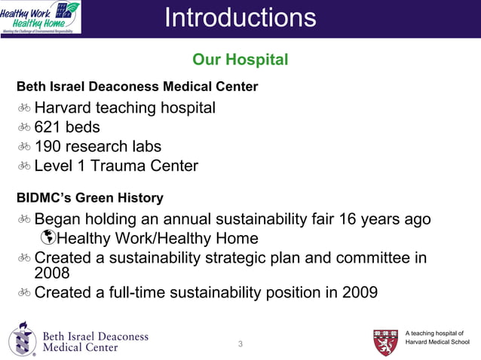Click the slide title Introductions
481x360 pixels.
tap(240, 18)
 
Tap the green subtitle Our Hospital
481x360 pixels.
tap(240, 59)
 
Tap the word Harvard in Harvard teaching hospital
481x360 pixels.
tap(66, 108)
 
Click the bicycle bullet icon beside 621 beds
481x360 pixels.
tap(24, 127)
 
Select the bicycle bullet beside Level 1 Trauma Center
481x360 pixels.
tap(24, 166)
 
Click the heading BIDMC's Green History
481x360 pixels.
tap(90, 198)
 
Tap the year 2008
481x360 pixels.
tap(52, 273)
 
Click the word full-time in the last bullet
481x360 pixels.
tap(133, 291)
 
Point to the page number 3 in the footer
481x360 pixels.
tap(240, 345)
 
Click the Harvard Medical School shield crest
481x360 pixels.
tap(385, 342)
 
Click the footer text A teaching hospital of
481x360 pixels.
tap(434, 333)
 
